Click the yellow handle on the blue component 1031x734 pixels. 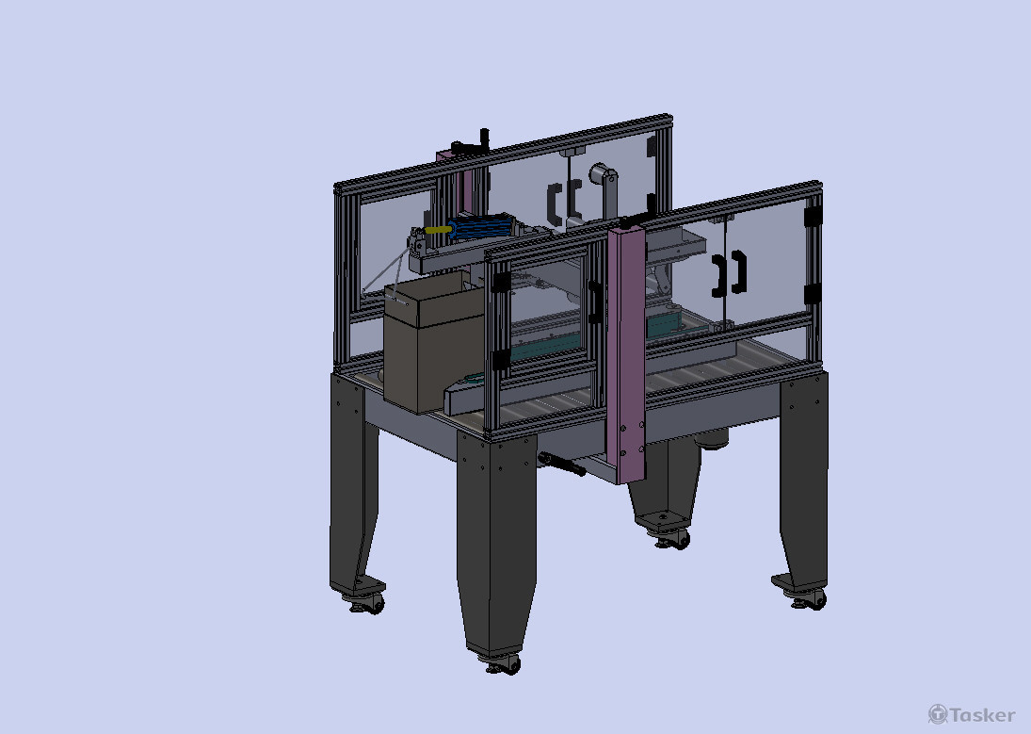coord(439,231)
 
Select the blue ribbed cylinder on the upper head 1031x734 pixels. coord(483,227)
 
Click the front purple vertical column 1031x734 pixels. coord(627,354)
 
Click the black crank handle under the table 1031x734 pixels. coord(561,464)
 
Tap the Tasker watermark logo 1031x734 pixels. coord(971,714)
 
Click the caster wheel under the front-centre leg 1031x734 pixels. coord(505,665)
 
